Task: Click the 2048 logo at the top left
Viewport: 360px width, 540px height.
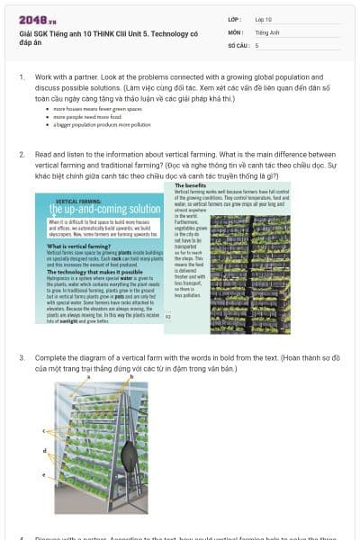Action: [x=37, y=19]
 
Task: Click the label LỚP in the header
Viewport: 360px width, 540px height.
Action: [x=235, y=19]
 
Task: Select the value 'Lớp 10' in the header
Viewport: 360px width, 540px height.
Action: [x=264, y=19]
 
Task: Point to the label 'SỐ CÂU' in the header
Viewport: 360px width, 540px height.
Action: [x=238, y=44]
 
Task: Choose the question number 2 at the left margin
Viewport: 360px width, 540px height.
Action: [x=22, y=154]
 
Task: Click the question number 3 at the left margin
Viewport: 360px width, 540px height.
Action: [x=22, y=357]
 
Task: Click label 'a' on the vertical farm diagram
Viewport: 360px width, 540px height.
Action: [x=89, y=377]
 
